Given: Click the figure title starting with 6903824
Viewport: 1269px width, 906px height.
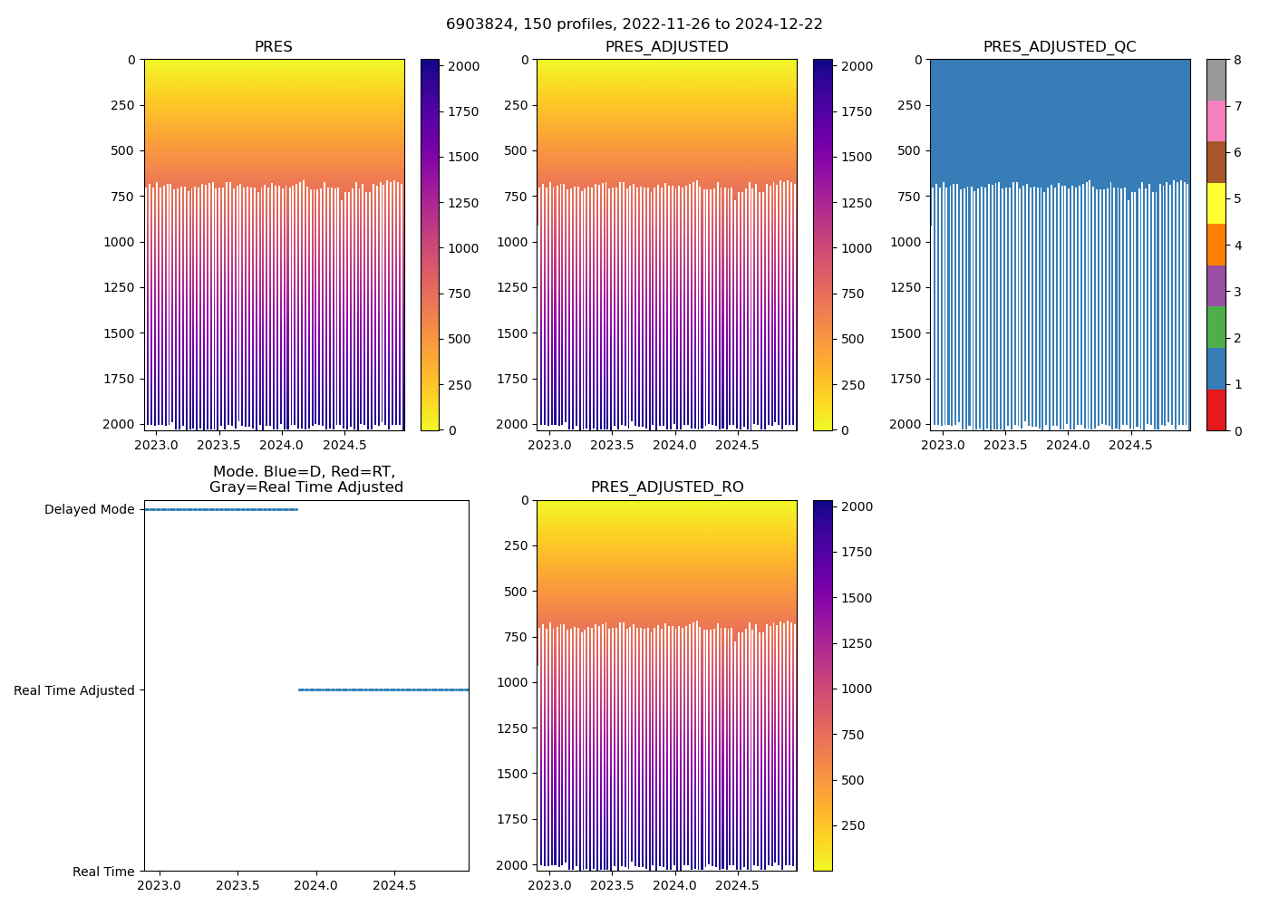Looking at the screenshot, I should click(634, 24).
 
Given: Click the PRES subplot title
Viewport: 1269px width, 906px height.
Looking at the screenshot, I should click(273, 47).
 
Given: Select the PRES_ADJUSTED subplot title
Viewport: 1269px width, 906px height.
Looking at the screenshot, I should click(666, 47).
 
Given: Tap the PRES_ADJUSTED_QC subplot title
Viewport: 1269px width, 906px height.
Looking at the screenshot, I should click(1060, 47).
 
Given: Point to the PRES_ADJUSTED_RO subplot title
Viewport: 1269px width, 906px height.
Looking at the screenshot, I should click(666, 487).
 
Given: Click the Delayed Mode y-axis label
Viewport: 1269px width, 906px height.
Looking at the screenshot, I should click(89, 510).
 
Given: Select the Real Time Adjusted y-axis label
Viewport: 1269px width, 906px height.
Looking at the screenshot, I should click(73, 690).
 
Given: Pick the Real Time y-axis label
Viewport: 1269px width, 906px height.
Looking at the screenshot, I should click(103, 872).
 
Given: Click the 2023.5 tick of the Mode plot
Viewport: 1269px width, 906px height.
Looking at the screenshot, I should click(238, 885).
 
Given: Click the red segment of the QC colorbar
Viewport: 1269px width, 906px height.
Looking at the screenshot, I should click(1216, 410).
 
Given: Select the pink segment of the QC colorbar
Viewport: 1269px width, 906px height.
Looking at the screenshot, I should click(1216, 120).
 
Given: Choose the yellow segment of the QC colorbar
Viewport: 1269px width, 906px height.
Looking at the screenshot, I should click(1216, 203).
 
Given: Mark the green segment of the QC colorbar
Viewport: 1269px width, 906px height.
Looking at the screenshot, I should click(1216, 327).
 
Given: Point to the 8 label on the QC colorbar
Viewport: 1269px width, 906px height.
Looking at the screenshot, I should click(1235, 60).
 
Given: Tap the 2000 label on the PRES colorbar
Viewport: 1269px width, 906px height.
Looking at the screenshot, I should click(464, 66).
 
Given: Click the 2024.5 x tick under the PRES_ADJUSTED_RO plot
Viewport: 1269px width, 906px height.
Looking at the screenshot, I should click(737, 885).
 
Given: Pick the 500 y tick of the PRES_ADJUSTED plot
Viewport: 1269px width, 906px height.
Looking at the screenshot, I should click(516, 150).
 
